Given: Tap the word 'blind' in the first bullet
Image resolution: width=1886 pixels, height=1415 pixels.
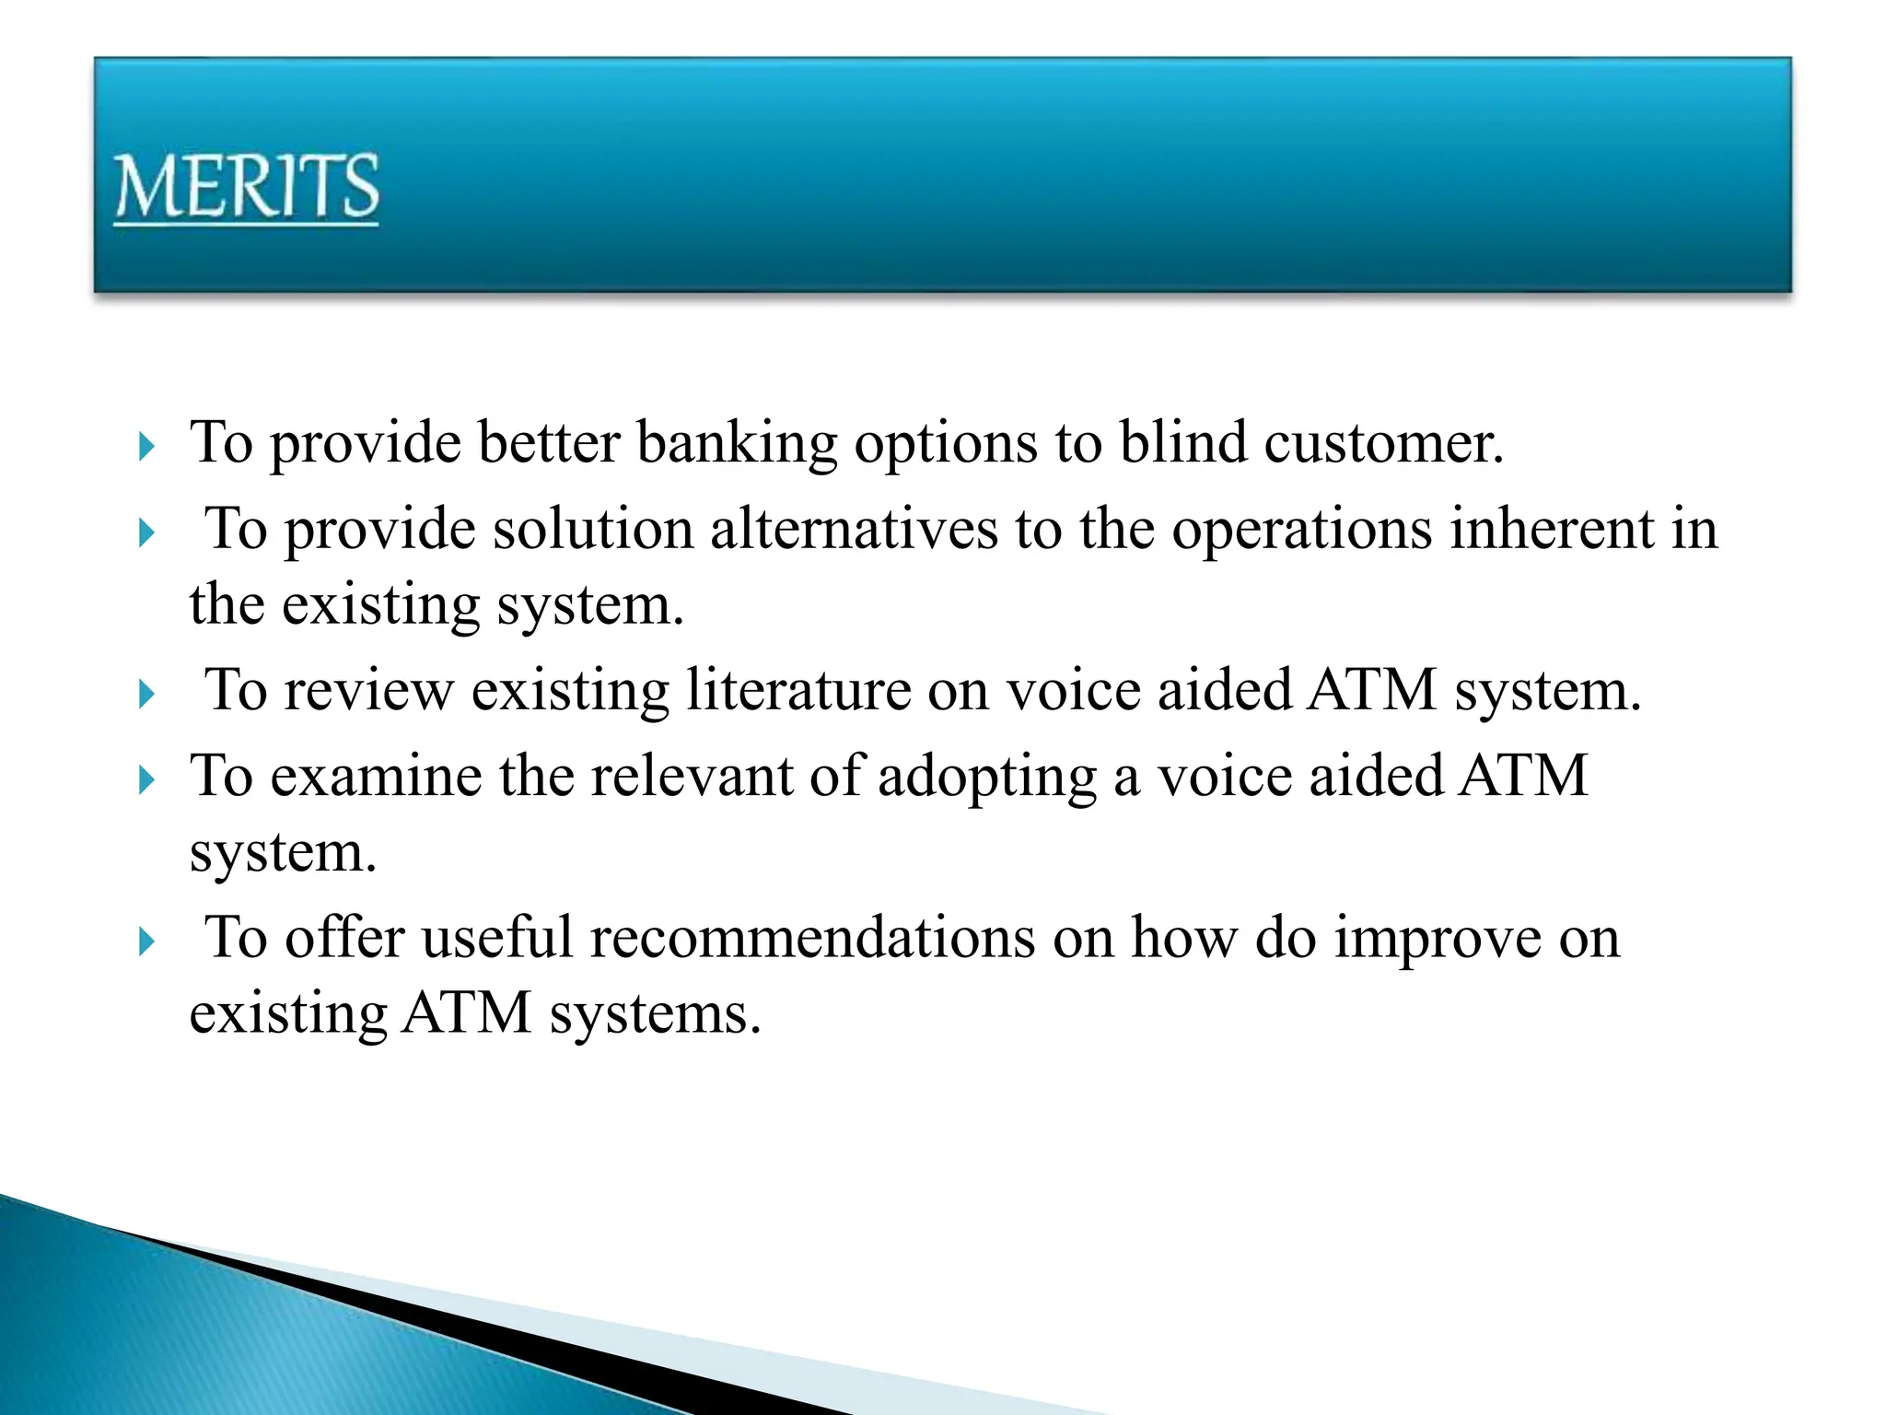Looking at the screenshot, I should (1182, 443).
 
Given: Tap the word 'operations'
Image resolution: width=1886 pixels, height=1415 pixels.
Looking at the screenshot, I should (1301, 532).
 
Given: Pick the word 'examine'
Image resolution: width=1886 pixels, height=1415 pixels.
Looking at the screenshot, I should (376, 777).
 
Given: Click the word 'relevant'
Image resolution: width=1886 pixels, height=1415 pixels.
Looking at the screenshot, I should (692, 777).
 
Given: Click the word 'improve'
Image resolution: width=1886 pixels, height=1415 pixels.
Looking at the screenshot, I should (1438, 941).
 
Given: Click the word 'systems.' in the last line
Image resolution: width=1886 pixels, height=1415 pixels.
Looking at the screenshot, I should (656, 1014).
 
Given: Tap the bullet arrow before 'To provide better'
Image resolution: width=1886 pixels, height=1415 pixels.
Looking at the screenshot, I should (146, 448).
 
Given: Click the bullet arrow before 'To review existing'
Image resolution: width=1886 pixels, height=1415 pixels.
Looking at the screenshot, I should (146, 695).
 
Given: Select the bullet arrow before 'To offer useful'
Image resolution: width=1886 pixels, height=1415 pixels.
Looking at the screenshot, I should (146, 942).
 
